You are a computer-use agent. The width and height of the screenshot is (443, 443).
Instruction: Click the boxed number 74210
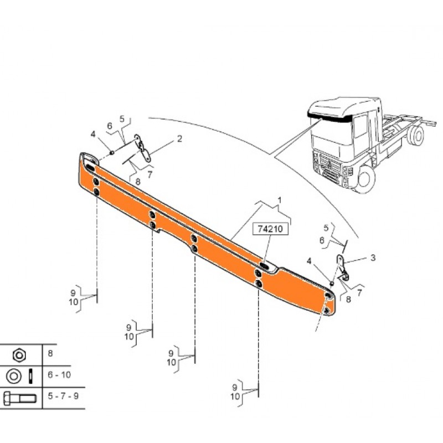tap(270, 229)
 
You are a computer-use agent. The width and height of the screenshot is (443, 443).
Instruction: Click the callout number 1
tap(280, 200)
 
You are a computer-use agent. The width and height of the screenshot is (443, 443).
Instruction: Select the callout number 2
tap(179, 139)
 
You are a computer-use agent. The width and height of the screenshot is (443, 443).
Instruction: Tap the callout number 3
tap(373, 257)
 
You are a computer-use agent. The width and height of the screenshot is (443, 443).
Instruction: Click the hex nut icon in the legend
tap(19, 355)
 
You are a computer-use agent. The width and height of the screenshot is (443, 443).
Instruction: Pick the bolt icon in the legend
tap(19, 398)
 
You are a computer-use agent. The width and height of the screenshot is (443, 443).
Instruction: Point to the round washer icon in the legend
tap(13, 377)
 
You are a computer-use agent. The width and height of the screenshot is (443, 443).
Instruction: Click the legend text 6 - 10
tap(59, 375)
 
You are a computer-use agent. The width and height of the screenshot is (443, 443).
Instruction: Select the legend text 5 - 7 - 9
tap(63, 396)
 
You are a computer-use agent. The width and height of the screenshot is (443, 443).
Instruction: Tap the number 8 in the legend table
tap(50, 353)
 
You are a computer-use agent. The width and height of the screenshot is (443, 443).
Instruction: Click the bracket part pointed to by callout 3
tap(342, 267)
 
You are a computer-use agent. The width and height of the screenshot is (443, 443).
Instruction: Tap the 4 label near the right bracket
tap(309, 261)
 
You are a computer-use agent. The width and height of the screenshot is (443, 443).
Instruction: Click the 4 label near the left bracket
tap(93, 134)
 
